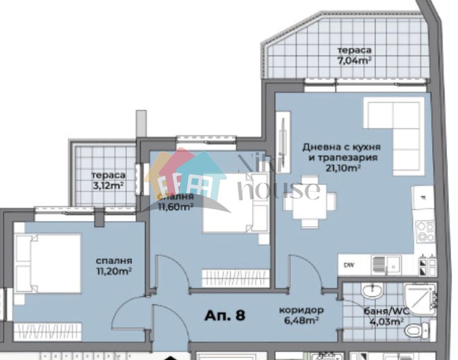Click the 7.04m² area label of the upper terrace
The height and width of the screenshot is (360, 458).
[x=354, y=60]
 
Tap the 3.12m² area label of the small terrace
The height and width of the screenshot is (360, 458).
[x=108, y=185]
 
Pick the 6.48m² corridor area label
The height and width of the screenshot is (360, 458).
[x=301, y=320]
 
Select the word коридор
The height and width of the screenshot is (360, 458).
[x=301, y=311]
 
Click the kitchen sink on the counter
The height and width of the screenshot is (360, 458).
[x=385, y=264]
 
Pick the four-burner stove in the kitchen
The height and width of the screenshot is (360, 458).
[x=426, y=232]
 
